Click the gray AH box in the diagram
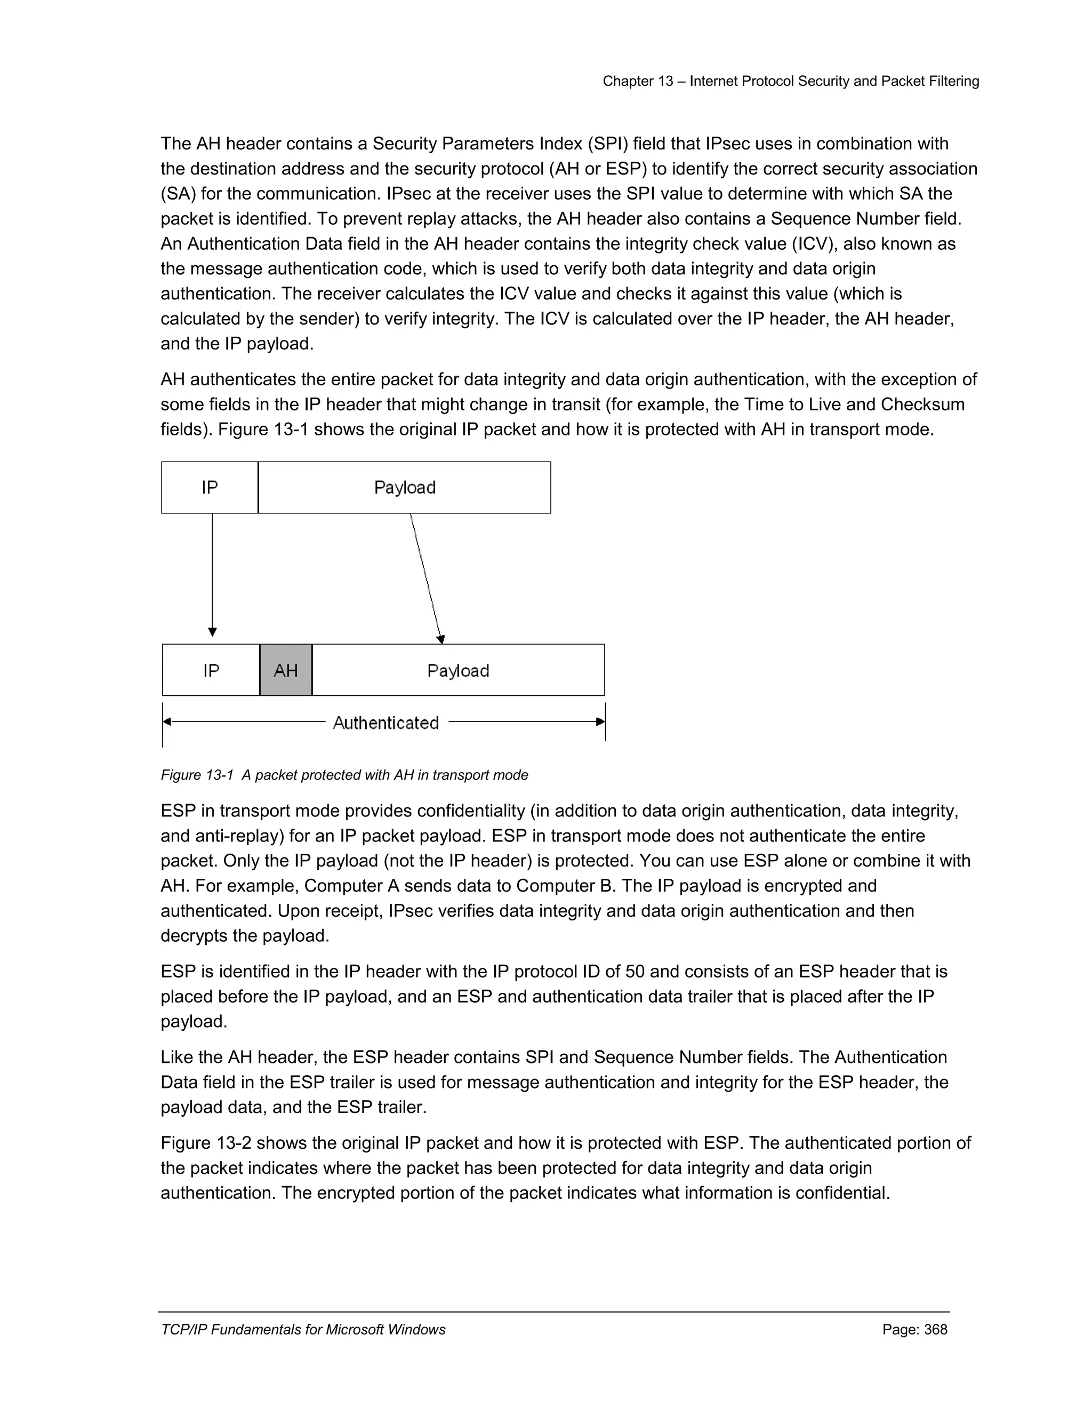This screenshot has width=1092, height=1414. click(x=286, y=670)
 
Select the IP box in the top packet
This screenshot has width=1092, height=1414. click(x=210, y=488)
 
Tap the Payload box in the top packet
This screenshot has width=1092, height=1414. click(x=404, y=488)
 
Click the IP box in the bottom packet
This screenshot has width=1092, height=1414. click(x=211, y=670)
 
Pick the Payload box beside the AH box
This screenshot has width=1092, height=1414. click(x=458, y=670)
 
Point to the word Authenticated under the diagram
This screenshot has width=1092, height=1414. click(x=386, y=722)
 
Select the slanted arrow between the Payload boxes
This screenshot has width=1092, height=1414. click(x=425, y=576)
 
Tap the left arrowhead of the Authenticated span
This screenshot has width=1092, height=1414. click(x=167, y=721)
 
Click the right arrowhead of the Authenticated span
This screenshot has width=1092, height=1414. click(x=600, y=721)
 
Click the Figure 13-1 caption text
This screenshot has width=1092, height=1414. click(x=344, y=775)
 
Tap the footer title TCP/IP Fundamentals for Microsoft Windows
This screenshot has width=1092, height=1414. click(x=303, y=1329)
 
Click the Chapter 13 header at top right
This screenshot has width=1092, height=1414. click(x=791, y=81)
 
